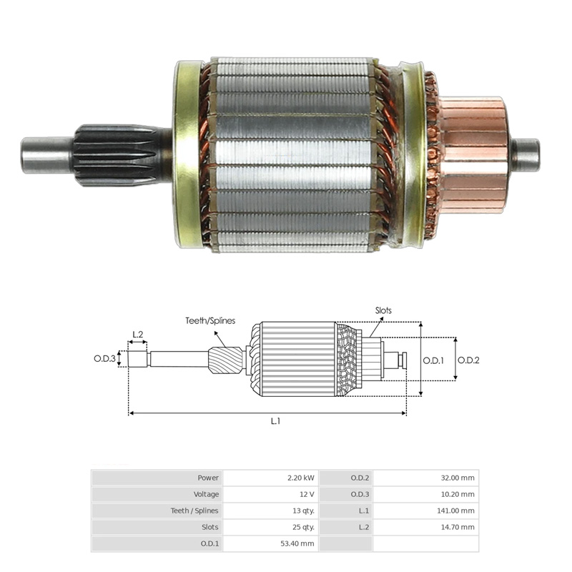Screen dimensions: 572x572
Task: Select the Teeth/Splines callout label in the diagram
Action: pyautogui.click(x=210, y=321)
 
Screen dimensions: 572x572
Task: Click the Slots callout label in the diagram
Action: pyautogui.click(x=383, y=311)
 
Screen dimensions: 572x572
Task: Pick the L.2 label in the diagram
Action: pyautogui.click(x=138, y=334)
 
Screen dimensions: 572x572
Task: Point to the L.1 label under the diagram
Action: pyautogui.click(x=275, y=421)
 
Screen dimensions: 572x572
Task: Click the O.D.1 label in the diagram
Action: pyautogui.click(x=433, y=360)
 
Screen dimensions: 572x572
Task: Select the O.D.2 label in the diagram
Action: pyautogui.click(x=468, y=360)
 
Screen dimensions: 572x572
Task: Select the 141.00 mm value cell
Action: pyautogui.click(x=425, y=511)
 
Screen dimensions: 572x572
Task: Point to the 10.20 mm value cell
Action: pyautogui.click(x=425, y=494)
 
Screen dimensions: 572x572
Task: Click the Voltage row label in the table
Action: pyautogui.click(x=157, y=494)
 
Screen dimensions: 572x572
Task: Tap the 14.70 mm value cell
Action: pyautogui.click(x=425, y=527)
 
